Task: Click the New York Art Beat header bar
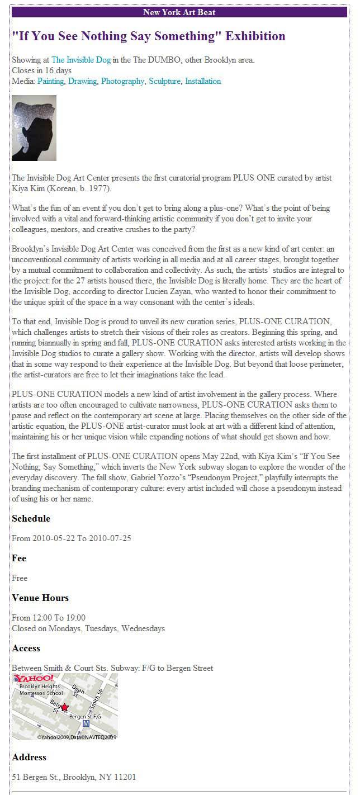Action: pos(179,12)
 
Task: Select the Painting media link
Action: pos(50,81)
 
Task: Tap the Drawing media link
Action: pos(82,81)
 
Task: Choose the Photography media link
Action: pos(122,81)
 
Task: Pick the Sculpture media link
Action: pos(164,81)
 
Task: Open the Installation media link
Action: pos(203,81)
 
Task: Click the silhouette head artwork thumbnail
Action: pos(34,128)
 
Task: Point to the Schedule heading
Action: pos(31,518)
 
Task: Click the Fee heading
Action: pos(19,558)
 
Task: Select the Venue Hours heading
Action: pos(40,598)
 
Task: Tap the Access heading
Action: pos(26,648)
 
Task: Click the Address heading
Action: pos(29,757)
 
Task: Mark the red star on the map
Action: pos(64,707)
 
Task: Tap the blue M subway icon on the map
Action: pos(86,723)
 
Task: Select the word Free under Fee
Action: pos(20,578)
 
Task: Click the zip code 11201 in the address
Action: pos(124,777)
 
